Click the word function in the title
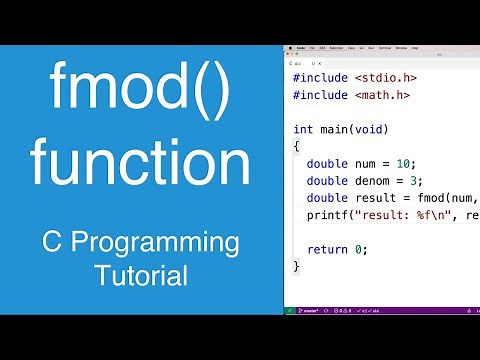pyautogui.click(x=139, y=160)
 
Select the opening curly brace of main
pyautogui.click(x=296, y=146)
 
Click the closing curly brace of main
pyautogui.click(x=296, y=265)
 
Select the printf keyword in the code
pyautogui.click(x=327, y=214)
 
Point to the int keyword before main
pyautogui.click(x=304, y=129)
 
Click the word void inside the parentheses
pyautogui.click(x=372, y=129)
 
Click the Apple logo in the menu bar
pyautogui.click(x=289, y=48)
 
